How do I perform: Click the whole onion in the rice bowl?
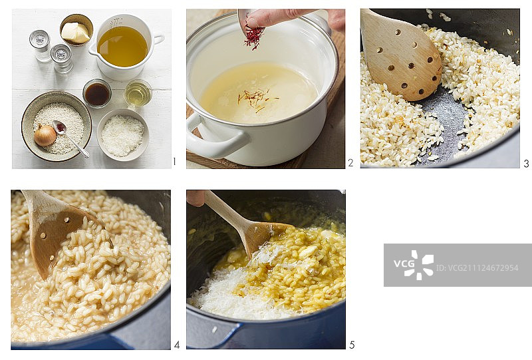(x=45, y=135)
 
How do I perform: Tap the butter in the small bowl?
(x=75, y=33)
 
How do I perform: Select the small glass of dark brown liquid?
(x=97, y=93)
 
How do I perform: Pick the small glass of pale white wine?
(x=138, y=93)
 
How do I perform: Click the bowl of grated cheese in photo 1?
(x=123, y=135)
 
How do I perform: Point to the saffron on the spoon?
(x=61, y=128)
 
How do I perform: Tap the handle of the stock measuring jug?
(x=158, y=39)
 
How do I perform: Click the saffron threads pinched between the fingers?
(x=254, y=36)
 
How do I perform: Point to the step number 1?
(x=175, y=162)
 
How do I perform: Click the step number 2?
(x=351, y=163)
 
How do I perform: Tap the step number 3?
(x=526, y=164)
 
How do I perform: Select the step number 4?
(x=177, y=345)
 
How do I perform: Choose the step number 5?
(x=352, y=345)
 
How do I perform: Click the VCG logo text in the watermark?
(x=404, y=264)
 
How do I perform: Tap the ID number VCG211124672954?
(x=477, y=268)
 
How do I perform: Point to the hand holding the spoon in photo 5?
(x=196, y=198)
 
